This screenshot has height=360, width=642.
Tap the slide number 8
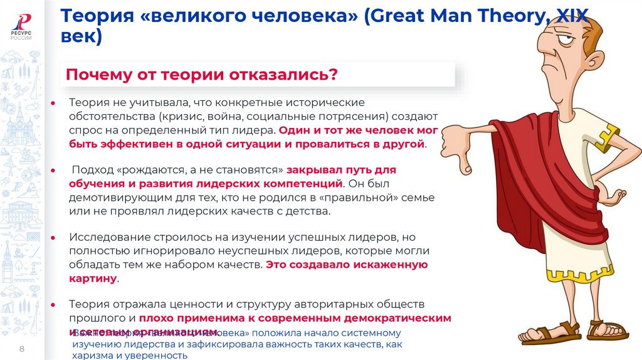coord(22,349)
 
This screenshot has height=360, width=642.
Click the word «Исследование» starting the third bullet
coord(105,238)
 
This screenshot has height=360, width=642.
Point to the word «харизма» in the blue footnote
coord(92,355)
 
